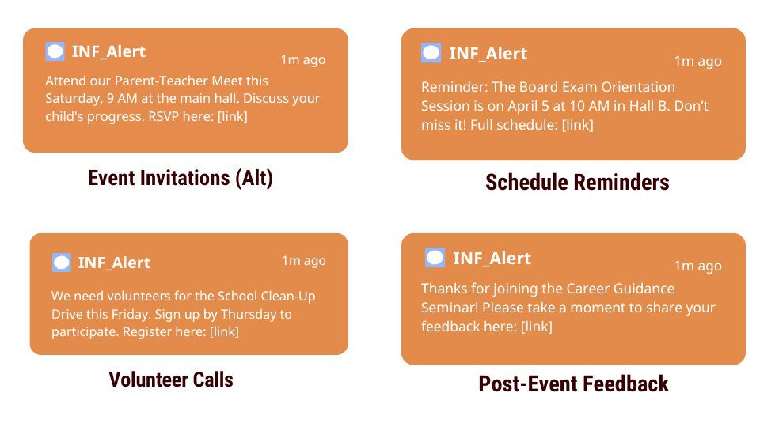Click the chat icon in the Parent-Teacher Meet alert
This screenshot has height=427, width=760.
pyautogui.click(x=55, y=51)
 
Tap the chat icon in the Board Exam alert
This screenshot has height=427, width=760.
pyautogui.click(x=431, y=53)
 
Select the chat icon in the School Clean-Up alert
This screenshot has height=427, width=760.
pyautogui.click(x=62, y=263)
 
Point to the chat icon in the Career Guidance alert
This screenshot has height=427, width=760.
pyautogui.click(x=435, y=258)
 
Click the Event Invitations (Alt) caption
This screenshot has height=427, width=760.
pyautogui.click(x=180, y=178)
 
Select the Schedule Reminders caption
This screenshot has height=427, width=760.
pyautogui.click(x=577, y=183)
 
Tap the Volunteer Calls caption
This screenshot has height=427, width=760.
pyautogui.click(x=171, y=380)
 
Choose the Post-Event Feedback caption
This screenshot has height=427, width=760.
pyautogui.click(x=573, y=384)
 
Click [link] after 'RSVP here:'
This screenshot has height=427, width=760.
pyautogui.click(x=233, y=117)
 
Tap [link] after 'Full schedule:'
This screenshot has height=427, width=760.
pyautogui.click(x=577, y=125)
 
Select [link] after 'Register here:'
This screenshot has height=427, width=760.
pyautogui.click(x=224, y=331)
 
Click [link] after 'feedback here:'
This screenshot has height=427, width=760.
pyautogui.click(x=537, y=327)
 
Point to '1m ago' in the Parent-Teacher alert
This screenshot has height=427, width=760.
pyautogui.click(x=303, y=59)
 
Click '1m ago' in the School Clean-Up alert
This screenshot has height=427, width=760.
pyautogui.click(x=304, y=260)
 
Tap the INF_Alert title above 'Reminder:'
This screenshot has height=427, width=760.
pyautogui.click(x=488, y=53)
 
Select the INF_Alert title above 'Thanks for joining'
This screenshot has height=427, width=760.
pyautogui.click(x=492, y=258)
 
